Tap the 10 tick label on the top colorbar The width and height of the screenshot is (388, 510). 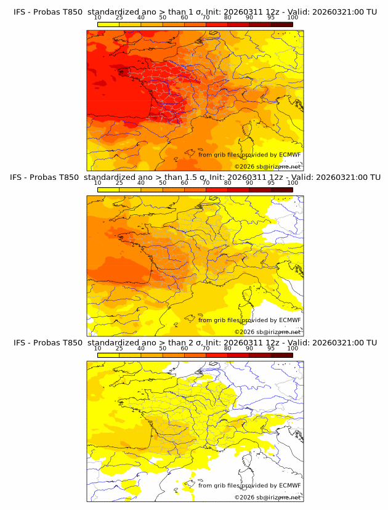click(x=97, y=17)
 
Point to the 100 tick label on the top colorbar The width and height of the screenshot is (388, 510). click(x=293, y=17)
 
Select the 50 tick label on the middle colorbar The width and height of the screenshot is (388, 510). click(x=163, y=183)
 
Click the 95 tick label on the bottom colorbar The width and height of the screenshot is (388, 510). click(x=271, y=349)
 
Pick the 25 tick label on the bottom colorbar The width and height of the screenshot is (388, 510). click(x=119, y=349)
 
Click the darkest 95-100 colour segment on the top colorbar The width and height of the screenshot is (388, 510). click(x=282, y=24)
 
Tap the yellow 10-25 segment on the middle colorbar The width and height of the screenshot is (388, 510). click(x=108, y=190)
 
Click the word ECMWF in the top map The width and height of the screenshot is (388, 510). click(x=289, y=155)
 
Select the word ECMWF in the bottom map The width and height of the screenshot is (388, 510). click(x=289, y=486)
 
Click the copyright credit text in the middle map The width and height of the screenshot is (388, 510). click(x=268, y=332)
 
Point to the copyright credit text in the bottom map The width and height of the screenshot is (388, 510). click(x=268, y=498)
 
